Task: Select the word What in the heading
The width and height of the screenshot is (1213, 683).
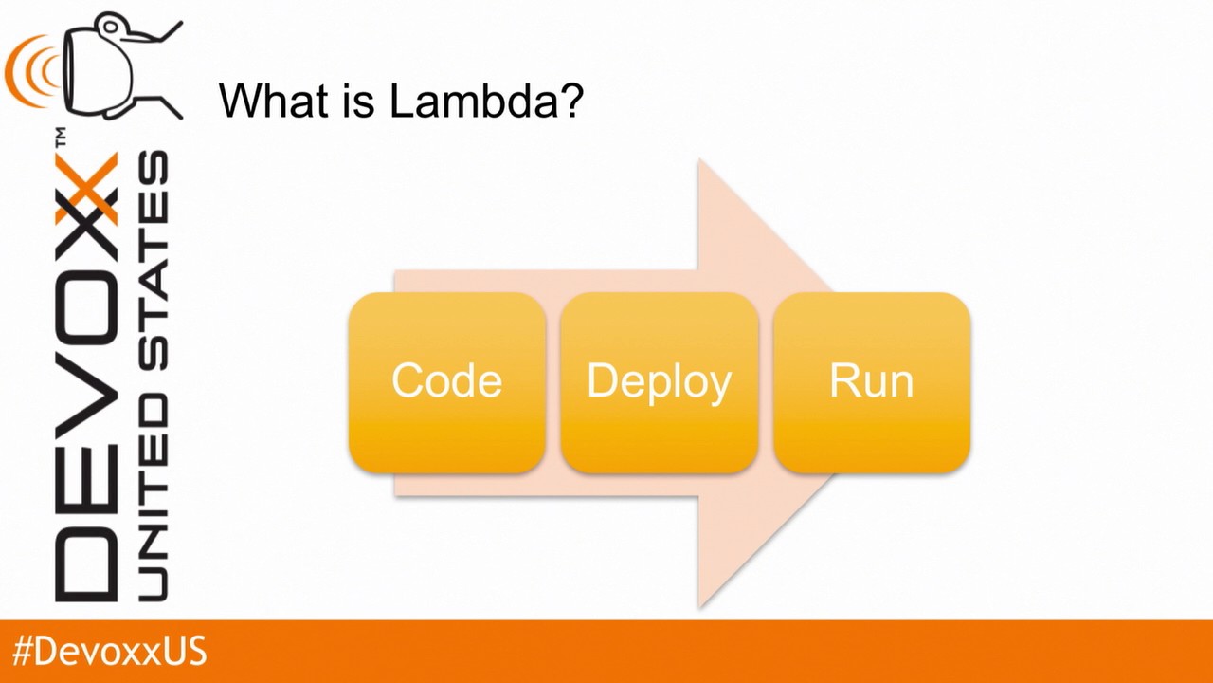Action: pyautogui.click(x=266, y=101)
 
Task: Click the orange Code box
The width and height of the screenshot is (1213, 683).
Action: pyautogui.click(x=446, y=382)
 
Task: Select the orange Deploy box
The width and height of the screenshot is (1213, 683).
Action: pyautogui.click(x=659, y=382)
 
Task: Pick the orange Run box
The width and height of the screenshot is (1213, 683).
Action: pyautogui.click(x=871, y=382)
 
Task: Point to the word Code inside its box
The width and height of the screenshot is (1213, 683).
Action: pyautogui.click(x=446, y=381)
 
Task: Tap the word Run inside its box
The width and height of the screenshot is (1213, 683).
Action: pyautogui.click(x=871, y=381)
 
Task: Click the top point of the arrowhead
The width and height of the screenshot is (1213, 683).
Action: pyautogui.click(x=699, y=162)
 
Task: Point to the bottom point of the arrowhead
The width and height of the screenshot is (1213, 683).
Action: pyautogui.click(x=699, y=605)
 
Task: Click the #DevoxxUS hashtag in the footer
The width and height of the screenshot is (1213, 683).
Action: pyautogui.click(x=109, y=653)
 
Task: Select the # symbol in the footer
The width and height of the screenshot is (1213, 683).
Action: pyautogui.click(x=24, y=653)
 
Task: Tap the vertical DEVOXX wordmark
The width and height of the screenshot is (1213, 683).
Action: pyautogui.click(x=87, y=379)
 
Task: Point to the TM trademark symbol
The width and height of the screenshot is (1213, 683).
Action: pyautogui.click(x=60, y=138)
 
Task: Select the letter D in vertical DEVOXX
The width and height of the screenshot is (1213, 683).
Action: pyautogui.click(x=87, y=564)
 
